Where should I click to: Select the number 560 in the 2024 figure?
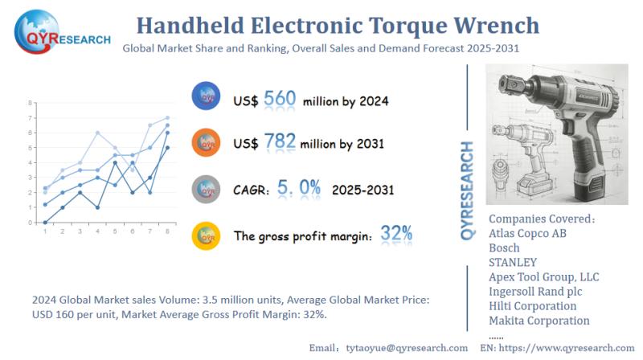(x=280, y=100)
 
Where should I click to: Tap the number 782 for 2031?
(x=278, y=143)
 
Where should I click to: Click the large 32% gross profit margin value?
(x=396, y=234)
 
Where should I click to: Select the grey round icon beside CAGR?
(x=207, y=190)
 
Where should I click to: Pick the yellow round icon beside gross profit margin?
(x=207, y=235)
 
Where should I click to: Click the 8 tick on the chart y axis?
(x=30, y=104)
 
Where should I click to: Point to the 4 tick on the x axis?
(x=97, y=231)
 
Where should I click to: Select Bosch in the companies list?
(x=504, y=247)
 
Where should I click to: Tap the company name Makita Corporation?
(x=539, y=320)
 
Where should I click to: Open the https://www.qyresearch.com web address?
(x=571, y=347)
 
